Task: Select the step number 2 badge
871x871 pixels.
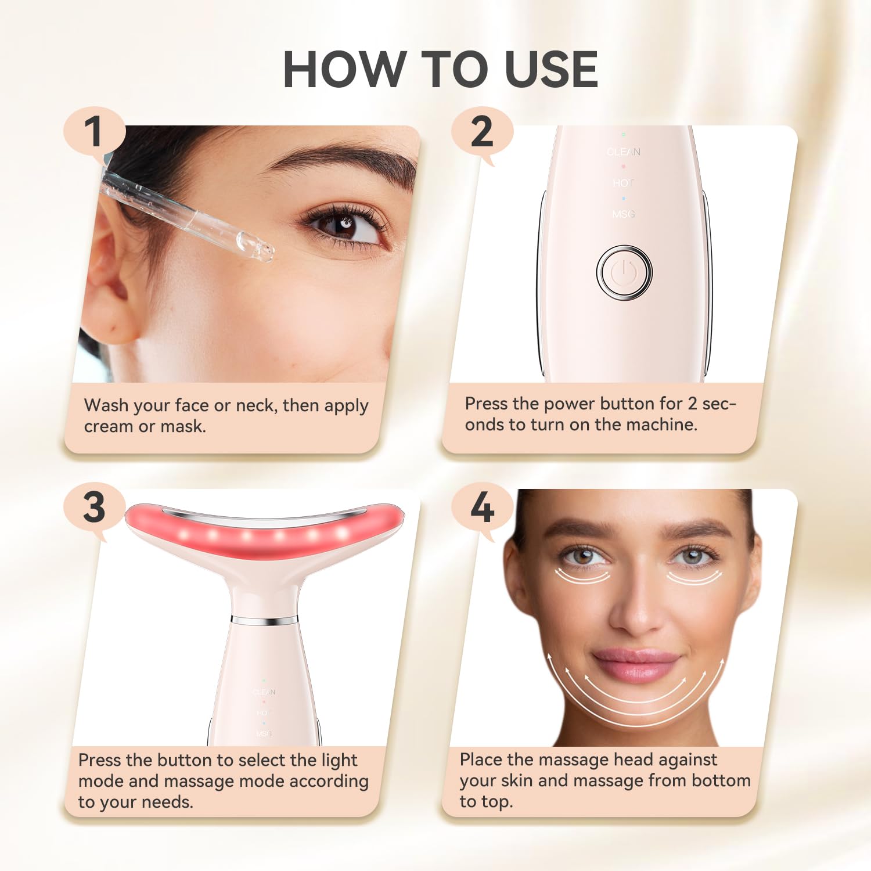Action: pos(481,132)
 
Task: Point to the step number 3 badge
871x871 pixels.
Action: pos(94,508)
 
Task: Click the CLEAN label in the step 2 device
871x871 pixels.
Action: pos(624,152)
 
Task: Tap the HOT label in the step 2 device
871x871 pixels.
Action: pos(623,183)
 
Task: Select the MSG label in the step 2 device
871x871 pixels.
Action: pos(624,214)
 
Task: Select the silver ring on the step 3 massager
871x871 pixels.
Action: pos(265,621)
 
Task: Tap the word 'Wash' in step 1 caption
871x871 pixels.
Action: pos(106,405)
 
